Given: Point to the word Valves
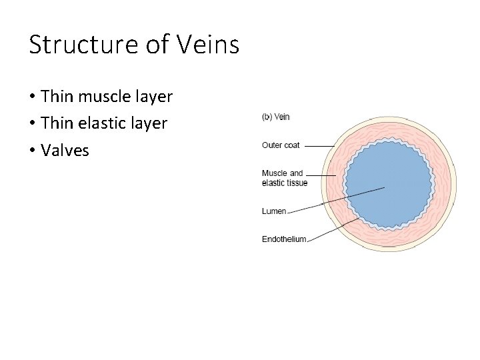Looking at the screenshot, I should [x=65, y=150].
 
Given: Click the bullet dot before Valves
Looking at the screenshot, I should [x=32, y=151].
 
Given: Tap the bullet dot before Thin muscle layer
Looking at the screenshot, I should [x=32, y=97].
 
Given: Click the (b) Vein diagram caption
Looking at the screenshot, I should [x=275, y=117].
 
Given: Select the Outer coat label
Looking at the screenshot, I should [x=281, y=145].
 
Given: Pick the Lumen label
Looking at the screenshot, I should [x=274, y=211].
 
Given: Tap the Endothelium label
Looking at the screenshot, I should [x=284, y=239].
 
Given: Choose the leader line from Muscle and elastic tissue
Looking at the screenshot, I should [x=323, y=175].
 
